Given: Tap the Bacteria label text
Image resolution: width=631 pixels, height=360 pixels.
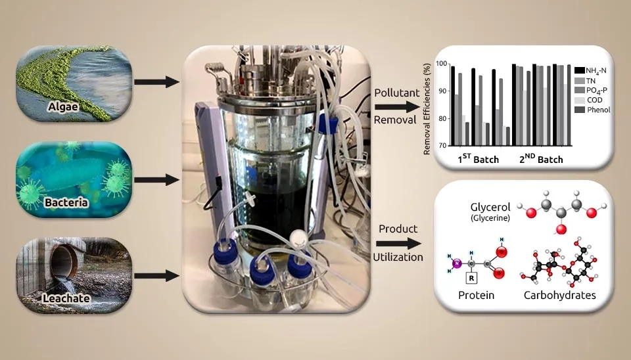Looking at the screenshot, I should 66,202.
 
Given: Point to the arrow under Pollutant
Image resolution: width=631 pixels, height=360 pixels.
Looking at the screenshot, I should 398,106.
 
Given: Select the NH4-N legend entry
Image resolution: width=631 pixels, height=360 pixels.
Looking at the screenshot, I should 594,70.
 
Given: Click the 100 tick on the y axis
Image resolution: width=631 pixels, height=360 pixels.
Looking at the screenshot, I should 441,64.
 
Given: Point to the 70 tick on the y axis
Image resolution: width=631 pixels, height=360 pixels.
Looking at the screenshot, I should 441,145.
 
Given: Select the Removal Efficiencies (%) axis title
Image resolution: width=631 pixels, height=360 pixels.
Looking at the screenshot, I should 427,106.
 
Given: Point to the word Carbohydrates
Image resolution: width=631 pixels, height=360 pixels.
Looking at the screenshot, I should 559,296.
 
